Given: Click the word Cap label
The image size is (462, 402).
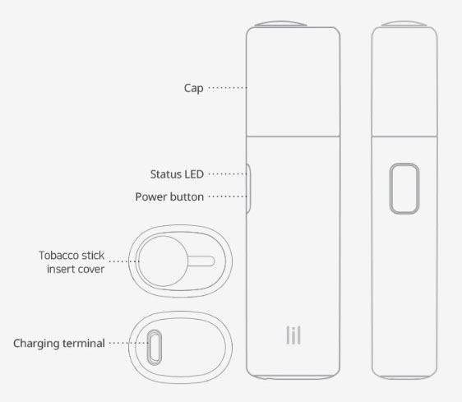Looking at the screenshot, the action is pos(193,88).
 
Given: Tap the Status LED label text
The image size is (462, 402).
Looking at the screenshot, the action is pos(177,174).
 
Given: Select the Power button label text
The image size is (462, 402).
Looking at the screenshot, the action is pos(169,196).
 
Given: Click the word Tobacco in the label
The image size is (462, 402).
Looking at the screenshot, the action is pos(58,255).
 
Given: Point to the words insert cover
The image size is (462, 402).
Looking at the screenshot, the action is pos(76,269).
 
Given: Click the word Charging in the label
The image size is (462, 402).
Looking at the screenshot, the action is pos(36,344).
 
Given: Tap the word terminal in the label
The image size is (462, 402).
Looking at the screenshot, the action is pos(83,343).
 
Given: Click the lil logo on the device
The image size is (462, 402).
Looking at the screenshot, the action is pos(293,335).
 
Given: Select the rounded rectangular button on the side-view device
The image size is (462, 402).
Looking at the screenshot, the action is pos(404,188).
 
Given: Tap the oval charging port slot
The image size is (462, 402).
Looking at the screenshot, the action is pos(155,348).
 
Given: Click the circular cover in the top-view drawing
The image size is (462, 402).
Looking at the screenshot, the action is pos(163,261).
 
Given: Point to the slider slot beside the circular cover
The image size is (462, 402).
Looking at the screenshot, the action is pos(201,261).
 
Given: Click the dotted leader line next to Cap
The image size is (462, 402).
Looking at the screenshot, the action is pos(228,87).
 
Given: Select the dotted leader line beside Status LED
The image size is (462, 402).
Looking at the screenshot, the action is pos(228,174).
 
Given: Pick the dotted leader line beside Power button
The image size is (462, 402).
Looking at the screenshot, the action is pos(228,196).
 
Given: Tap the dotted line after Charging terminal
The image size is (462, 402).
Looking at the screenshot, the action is pos(129,343).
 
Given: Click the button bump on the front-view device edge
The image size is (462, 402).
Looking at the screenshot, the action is pos(248,188).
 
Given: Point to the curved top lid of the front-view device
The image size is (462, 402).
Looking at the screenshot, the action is pos(280,24).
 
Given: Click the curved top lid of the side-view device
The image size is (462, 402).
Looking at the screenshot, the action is pos(404,24).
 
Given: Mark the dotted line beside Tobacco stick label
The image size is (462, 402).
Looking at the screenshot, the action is pos(124,261).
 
